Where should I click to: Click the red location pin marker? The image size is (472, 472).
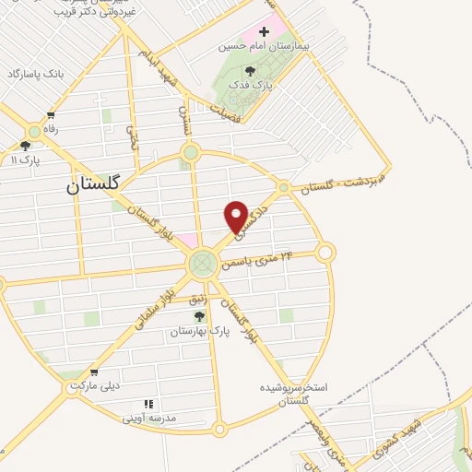click(236, 216)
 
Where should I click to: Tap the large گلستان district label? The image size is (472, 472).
click(93, 184)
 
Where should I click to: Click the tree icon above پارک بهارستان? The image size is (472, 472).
click(199, 316)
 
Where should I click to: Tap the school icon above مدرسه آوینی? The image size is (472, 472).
click(148, 404)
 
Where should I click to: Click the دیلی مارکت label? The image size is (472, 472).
click(93, 386)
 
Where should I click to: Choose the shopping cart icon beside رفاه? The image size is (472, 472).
click(51, 116)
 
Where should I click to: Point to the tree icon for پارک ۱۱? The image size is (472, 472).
click(25, 145)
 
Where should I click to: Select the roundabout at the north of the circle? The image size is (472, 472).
click(191, 152)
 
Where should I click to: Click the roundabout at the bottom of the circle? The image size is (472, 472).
click(218, 429)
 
